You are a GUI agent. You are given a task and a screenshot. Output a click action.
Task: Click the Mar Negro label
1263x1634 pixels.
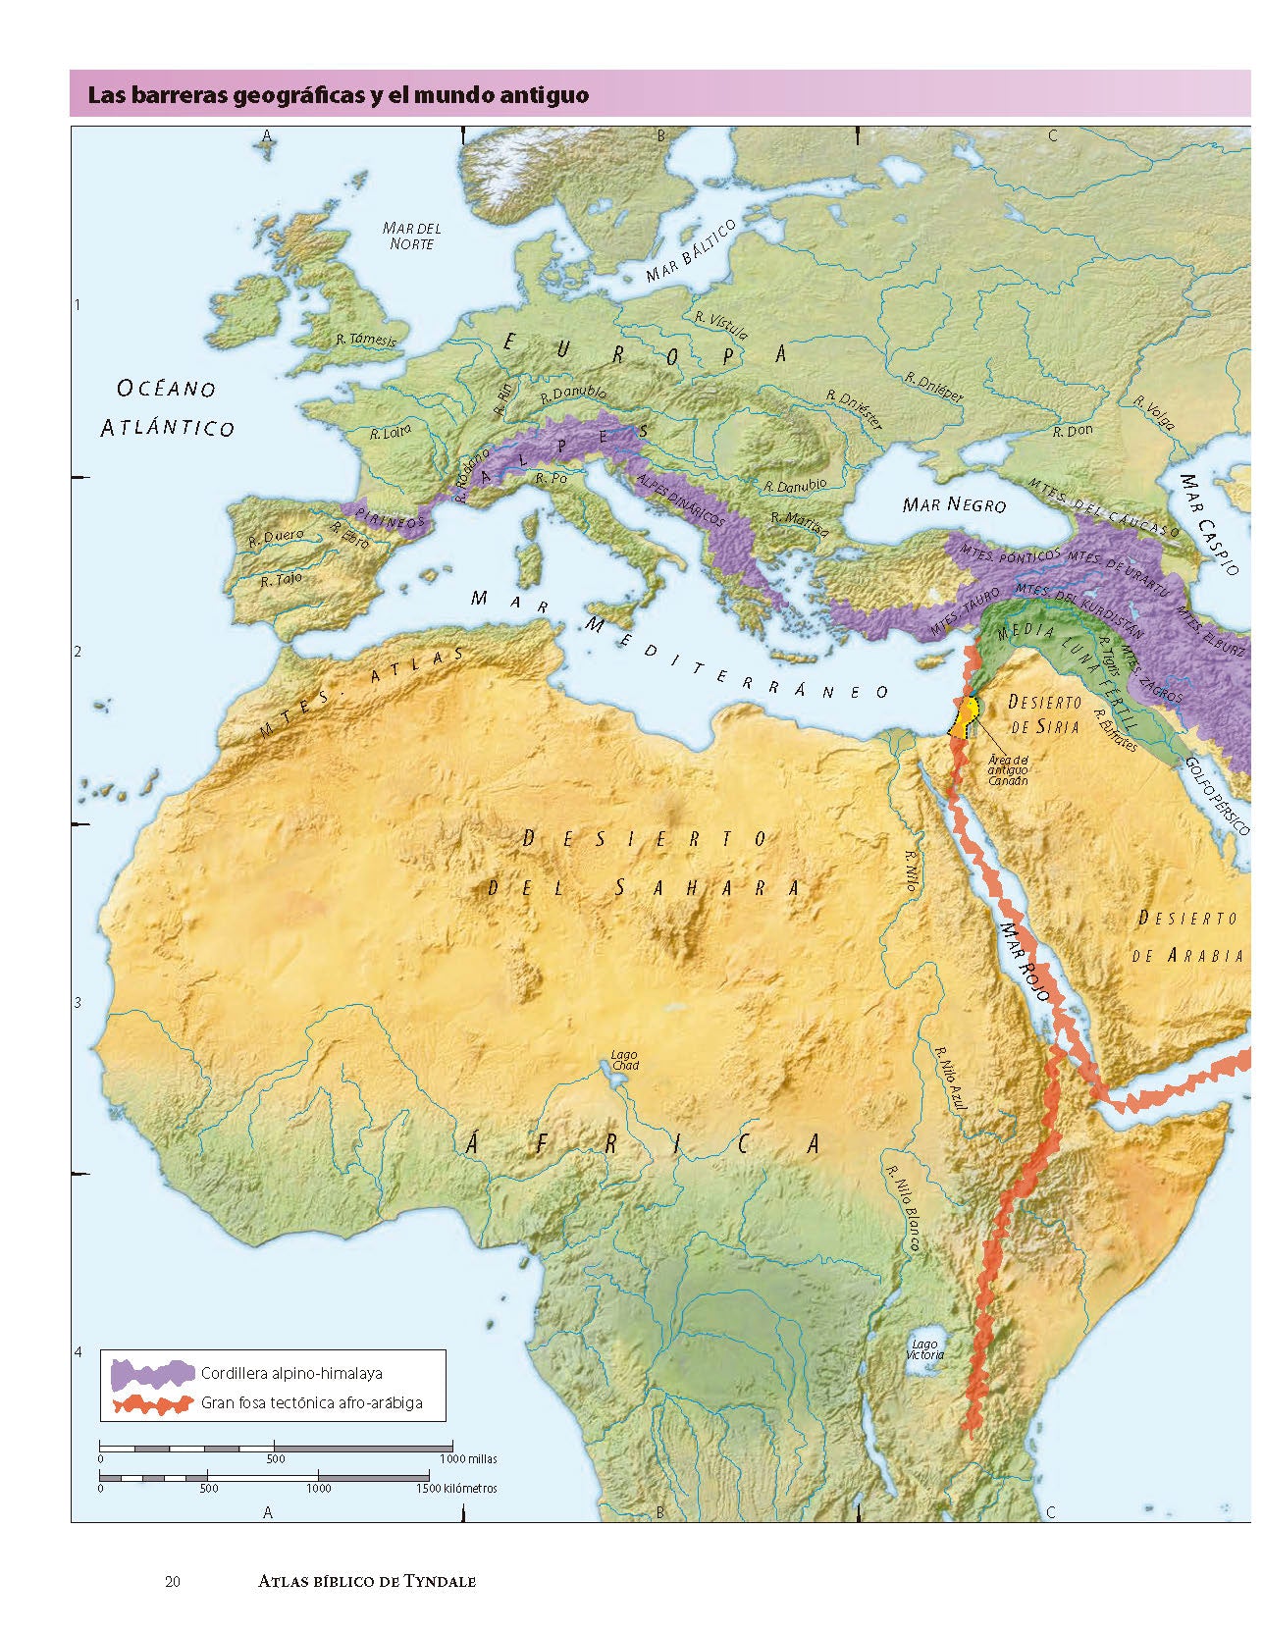tap(954, 505)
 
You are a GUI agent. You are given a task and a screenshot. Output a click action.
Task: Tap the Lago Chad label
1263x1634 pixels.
tap(624, 1061)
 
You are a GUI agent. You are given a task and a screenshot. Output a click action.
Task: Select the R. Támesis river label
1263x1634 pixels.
tap(365, 341)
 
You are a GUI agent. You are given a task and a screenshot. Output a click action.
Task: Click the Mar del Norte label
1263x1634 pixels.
tap(411, 236)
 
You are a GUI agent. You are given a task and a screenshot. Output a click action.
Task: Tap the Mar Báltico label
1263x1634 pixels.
tap(691, 252)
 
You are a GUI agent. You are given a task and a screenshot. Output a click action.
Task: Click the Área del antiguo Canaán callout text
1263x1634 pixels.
tap(1007, 770)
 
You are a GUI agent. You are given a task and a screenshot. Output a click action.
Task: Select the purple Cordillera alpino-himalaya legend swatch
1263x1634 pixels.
tap(153, 1374)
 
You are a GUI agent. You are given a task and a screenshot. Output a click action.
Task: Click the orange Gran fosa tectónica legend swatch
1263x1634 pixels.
tap(153, 1403)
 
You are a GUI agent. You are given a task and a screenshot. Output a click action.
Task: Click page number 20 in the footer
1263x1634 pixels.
tap(173, 1581)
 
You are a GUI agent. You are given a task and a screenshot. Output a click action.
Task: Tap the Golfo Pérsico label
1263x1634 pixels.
tap(1217, 796)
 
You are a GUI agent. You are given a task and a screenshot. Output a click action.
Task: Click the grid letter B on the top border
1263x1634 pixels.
tap(660, 136)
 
